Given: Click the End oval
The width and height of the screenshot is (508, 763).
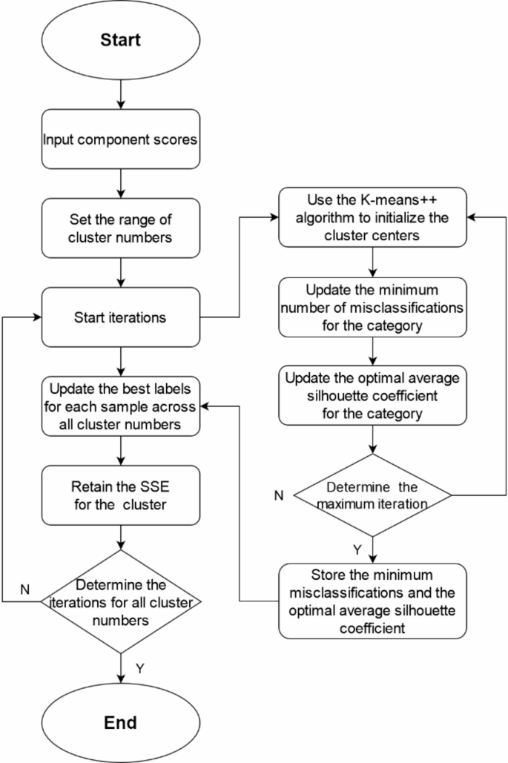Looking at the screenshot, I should (x=121, y=721).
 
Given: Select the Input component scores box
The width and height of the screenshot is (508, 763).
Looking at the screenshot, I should (x=121, y=139).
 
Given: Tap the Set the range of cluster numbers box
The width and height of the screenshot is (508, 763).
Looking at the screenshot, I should (x=121, y=229).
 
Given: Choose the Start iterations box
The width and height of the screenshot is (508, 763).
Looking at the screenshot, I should (x=121, y=318).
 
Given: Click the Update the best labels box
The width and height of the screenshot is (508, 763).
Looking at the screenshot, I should (x=121, y=407).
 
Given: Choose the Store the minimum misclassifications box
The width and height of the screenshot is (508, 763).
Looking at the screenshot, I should (x=373, y=600).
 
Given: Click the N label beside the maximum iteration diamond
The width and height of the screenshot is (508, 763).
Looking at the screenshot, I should (x=278, y=495).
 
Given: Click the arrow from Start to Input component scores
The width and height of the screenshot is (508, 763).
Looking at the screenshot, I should (x=121, y=95).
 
